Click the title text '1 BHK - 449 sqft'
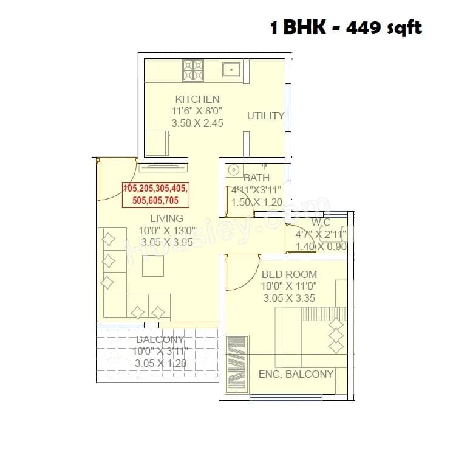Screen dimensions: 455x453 coord(346,27)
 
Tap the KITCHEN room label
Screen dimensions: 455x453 coord(197,99)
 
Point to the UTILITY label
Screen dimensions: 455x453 coord(265,116)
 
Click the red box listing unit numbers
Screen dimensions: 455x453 coord(155,194)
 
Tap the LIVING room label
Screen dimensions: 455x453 coord(166,218)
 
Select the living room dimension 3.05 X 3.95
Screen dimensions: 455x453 coord(166,241)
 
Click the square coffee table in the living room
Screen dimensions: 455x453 coord(152,267)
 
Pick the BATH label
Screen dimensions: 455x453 coord(256,178)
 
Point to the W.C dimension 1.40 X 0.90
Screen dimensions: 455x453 coord(321,246)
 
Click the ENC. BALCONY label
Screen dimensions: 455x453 coord(296,374)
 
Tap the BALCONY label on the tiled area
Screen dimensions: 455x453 coord(160,340)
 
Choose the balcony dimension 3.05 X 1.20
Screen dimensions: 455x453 coord(160,363)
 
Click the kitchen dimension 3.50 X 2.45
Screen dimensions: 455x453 coord(197,122)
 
